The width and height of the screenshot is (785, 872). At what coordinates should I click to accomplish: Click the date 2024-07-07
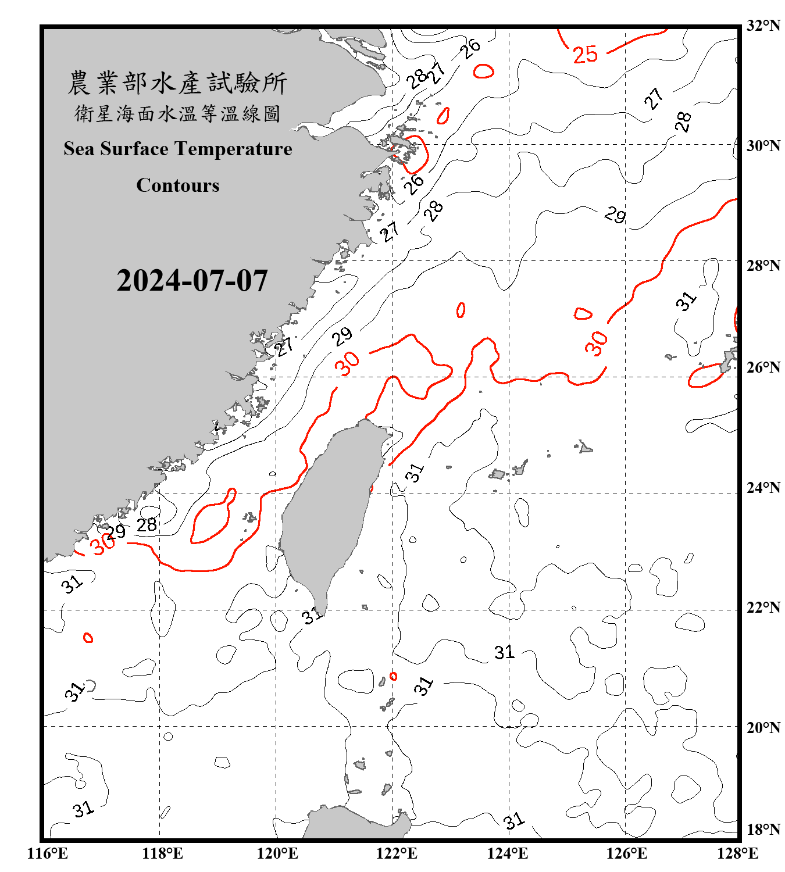point(192,281)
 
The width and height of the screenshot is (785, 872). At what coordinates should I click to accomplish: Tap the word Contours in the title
point(178,185)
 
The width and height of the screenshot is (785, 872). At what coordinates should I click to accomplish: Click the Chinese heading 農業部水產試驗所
point(177,83)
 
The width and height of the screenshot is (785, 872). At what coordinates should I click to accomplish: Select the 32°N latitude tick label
point(763,26)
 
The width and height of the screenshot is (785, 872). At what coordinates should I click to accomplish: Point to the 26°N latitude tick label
point(763,367)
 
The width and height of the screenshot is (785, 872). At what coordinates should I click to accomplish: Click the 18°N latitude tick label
point(763,829)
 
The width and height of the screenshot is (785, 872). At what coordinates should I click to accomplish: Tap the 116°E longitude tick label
point(48,853)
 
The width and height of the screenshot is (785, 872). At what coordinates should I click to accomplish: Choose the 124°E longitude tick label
point(508,853)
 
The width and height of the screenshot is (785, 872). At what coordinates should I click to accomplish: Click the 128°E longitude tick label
point(737,853)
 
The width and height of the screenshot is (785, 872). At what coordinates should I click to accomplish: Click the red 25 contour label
point(585,55)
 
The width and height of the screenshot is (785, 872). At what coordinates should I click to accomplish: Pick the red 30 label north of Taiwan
point(347,364)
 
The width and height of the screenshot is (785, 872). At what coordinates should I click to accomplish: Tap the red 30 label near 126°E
point(597,343)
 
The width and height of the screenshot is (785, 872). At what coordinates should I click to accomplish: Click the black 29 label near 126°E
point(615,215)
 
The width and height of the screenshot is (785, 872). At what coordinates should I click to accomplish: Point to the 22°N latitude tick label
point(763,607)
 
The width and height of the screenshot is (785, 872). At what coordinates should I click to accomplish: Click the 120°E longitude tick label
point(277,853)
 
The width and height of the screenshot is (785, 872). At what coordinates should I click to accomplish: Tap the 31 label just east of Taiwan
point(415,473)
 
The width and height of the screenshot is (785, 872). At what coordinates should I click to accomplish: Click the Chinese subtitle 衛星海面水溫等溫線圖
point(177,113)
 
